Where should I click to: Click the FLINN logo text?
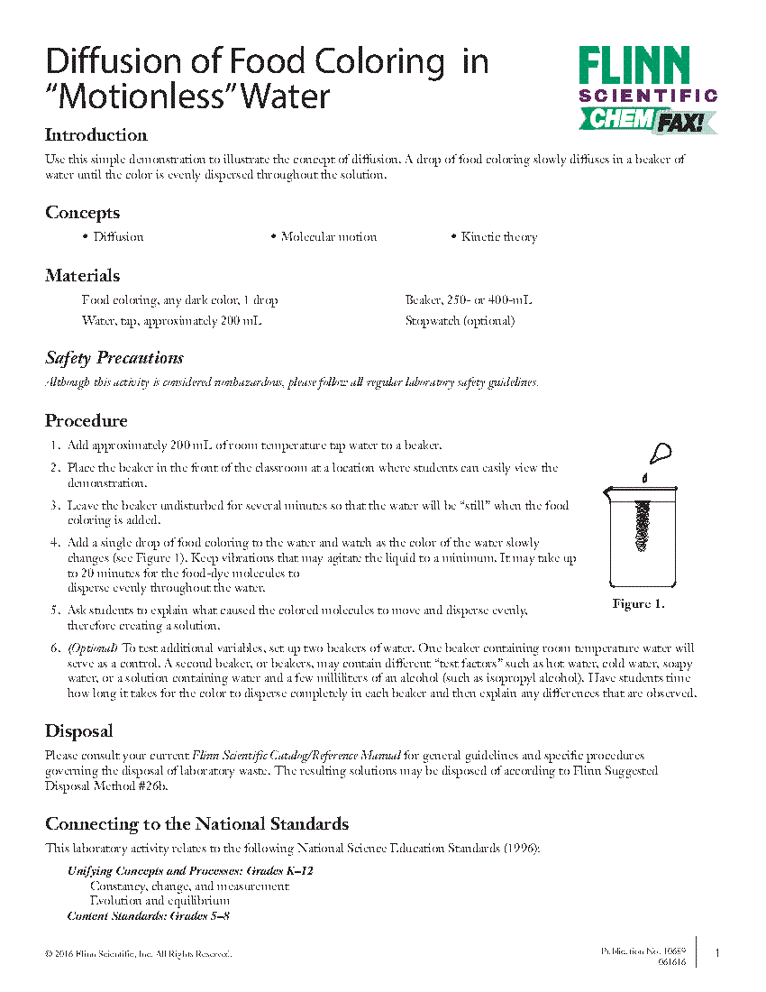point(634,66)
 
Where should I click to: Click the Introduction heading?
point(96,135)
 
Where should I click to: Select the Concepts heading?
point(82,213)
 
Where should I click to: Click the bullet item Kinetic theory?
point(498,237)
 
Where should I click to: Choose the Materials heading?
point(82,276)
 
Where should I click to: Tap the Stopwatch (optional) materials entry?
point(460,320)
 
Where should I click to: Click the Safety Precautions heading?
point(114,358)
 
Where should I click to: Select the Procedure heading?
point(87,421)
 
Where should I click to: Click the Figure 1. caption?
point(638,604)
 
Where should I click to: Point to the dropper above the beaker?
point(661,452)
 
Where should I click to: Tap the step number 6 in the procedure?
point(54,648)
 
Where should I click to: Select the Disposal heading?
point(79,731)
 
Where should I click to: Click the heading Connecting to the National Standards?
point(196,824)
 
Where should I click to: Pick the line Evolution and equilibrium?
point(160,900)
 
